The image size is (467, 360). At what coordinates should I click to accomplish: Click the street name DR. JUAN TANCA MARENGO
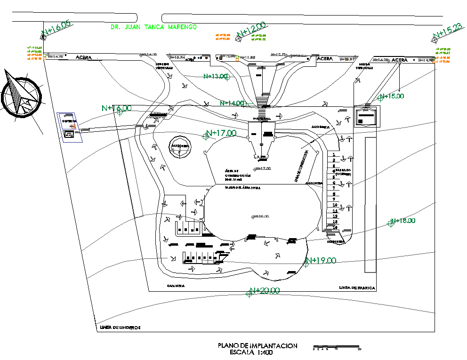point(153,27)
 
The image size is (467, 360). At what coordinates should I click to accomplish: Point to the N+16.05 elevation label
point(56,29)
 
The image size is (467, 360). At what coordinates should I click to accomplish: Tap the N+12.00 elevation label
point(251,29)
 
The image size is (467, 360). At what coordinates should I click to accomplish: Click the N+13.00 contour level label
point(217,76)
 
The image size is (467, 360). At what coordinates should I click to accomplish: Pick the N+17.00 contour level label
point(221,133)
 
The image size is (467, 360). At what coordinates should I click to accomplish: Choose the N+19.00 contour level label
point(321,260)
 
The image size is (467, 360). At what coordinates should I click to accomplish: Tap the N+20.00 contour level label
point(265,291)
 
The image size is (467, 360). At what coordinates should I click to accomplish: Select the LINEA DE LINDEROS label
point(121,328)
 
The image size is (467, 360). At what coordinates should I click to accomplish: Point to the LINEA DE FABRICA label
point(357,288)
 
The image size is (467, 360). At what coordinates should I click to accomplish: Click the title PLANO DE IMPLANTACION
point(258,346)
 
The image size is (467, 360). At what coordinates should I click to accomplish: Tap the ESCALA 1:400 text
point(251,352)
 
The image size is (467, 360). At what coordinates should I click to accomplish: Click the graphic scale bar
point(337,347)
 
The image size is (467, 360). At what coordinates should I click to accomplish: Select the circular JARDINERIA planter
point(180,146)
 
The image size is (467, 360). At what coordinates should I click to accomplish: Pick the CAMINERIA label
point(176,286)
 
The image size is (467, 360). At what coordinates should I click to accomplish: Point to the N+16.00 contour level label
point(117,108)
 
